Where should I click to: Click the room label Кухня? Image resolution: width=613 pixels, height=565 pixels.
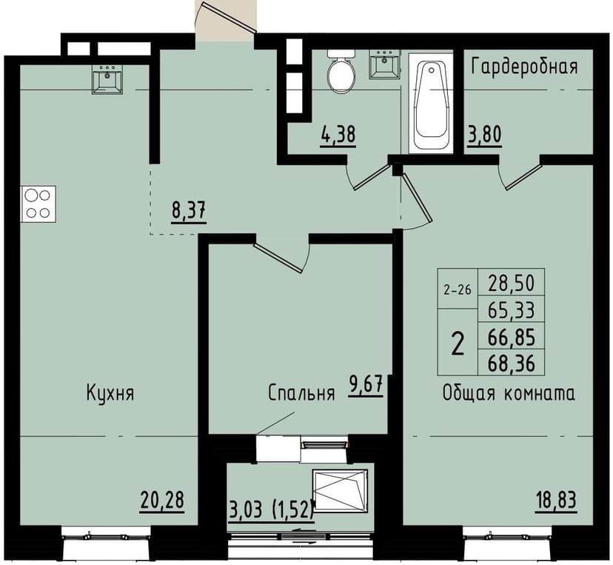[110, 393]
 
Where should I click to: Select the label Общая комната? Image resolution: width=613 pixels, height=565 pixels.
[508, 393]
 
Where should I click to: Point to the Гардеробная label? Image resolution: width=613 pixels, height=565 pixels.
[524, 67]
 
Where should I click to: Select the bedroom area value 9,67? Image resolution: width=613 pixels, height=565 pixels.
[366, 387]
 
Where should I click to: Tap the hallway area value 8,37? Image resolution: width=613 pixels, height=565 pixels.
[188, 211]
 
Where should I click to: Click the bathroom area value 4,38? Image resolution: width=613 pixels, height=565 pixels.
[338, 136]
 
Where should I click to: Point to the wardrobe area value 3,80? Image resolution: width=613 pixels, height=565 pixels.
[483, 136]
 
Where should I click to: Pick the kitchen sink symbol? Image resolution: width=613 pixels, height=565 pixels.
[107, 79]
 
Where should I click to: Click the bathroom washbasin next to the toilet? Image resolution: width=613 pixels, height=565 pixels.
[383, 65]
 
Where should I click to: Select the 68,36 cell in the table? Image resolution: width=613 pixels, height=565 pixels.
[512, 363]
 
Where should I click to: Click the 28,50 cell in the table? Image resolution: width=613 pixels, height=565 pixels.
[512, 282]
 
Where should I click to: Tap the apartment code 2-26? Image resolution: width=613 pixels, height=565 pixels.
[457, 290]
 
